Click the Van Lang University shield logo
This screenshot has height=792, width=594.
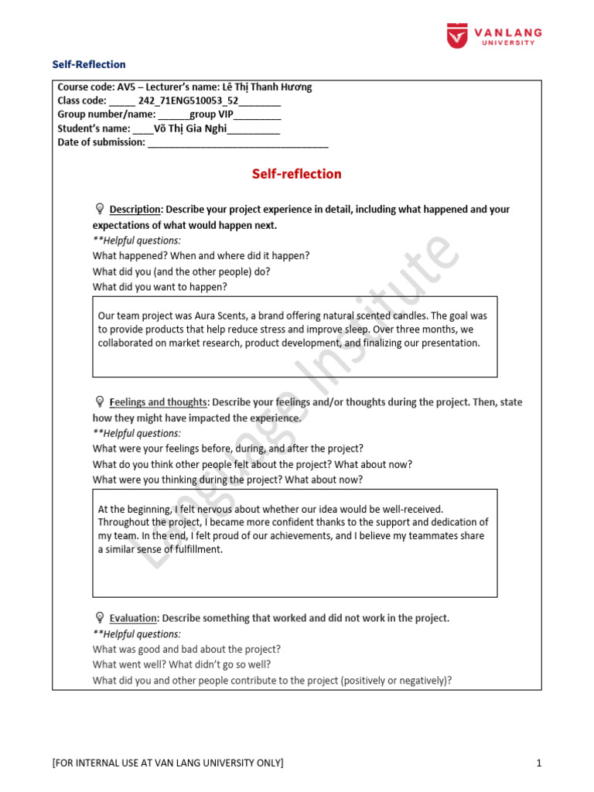pyautogui.click(x=458, y=36)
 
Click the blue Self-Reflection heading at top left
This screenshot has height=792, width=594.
pyautogui.click(x=88, y=64)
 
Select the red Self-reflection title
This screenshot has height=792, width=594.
pyautogui.click(x=296, y=174)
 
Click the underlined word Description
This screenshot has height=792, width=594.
pyautogui.click(x=135, y=210)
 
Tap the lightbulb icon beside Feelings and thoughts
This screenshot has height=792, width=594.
pyautogui.click(x=99, y=402)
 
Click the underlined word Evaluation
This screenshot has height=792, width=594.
pyautogui.click(x=133, y=619)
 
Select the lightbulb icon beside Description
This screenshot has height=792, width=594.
pyautogui.click(x=99, y=209)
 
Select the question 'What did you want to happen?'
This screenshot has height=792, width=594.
pyautogui.click(x=160, y=287)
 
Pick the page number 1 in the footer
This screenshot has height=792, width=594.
pyautogui.click(x=538, y=764)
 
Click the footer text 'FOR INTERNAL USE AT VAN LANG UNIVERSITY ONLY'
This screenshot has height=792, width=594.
pyautogui.click(x=168, y=764)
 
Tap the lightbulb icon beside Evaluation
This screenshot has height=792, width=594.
pyautogui.click(x=99, y=618)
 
